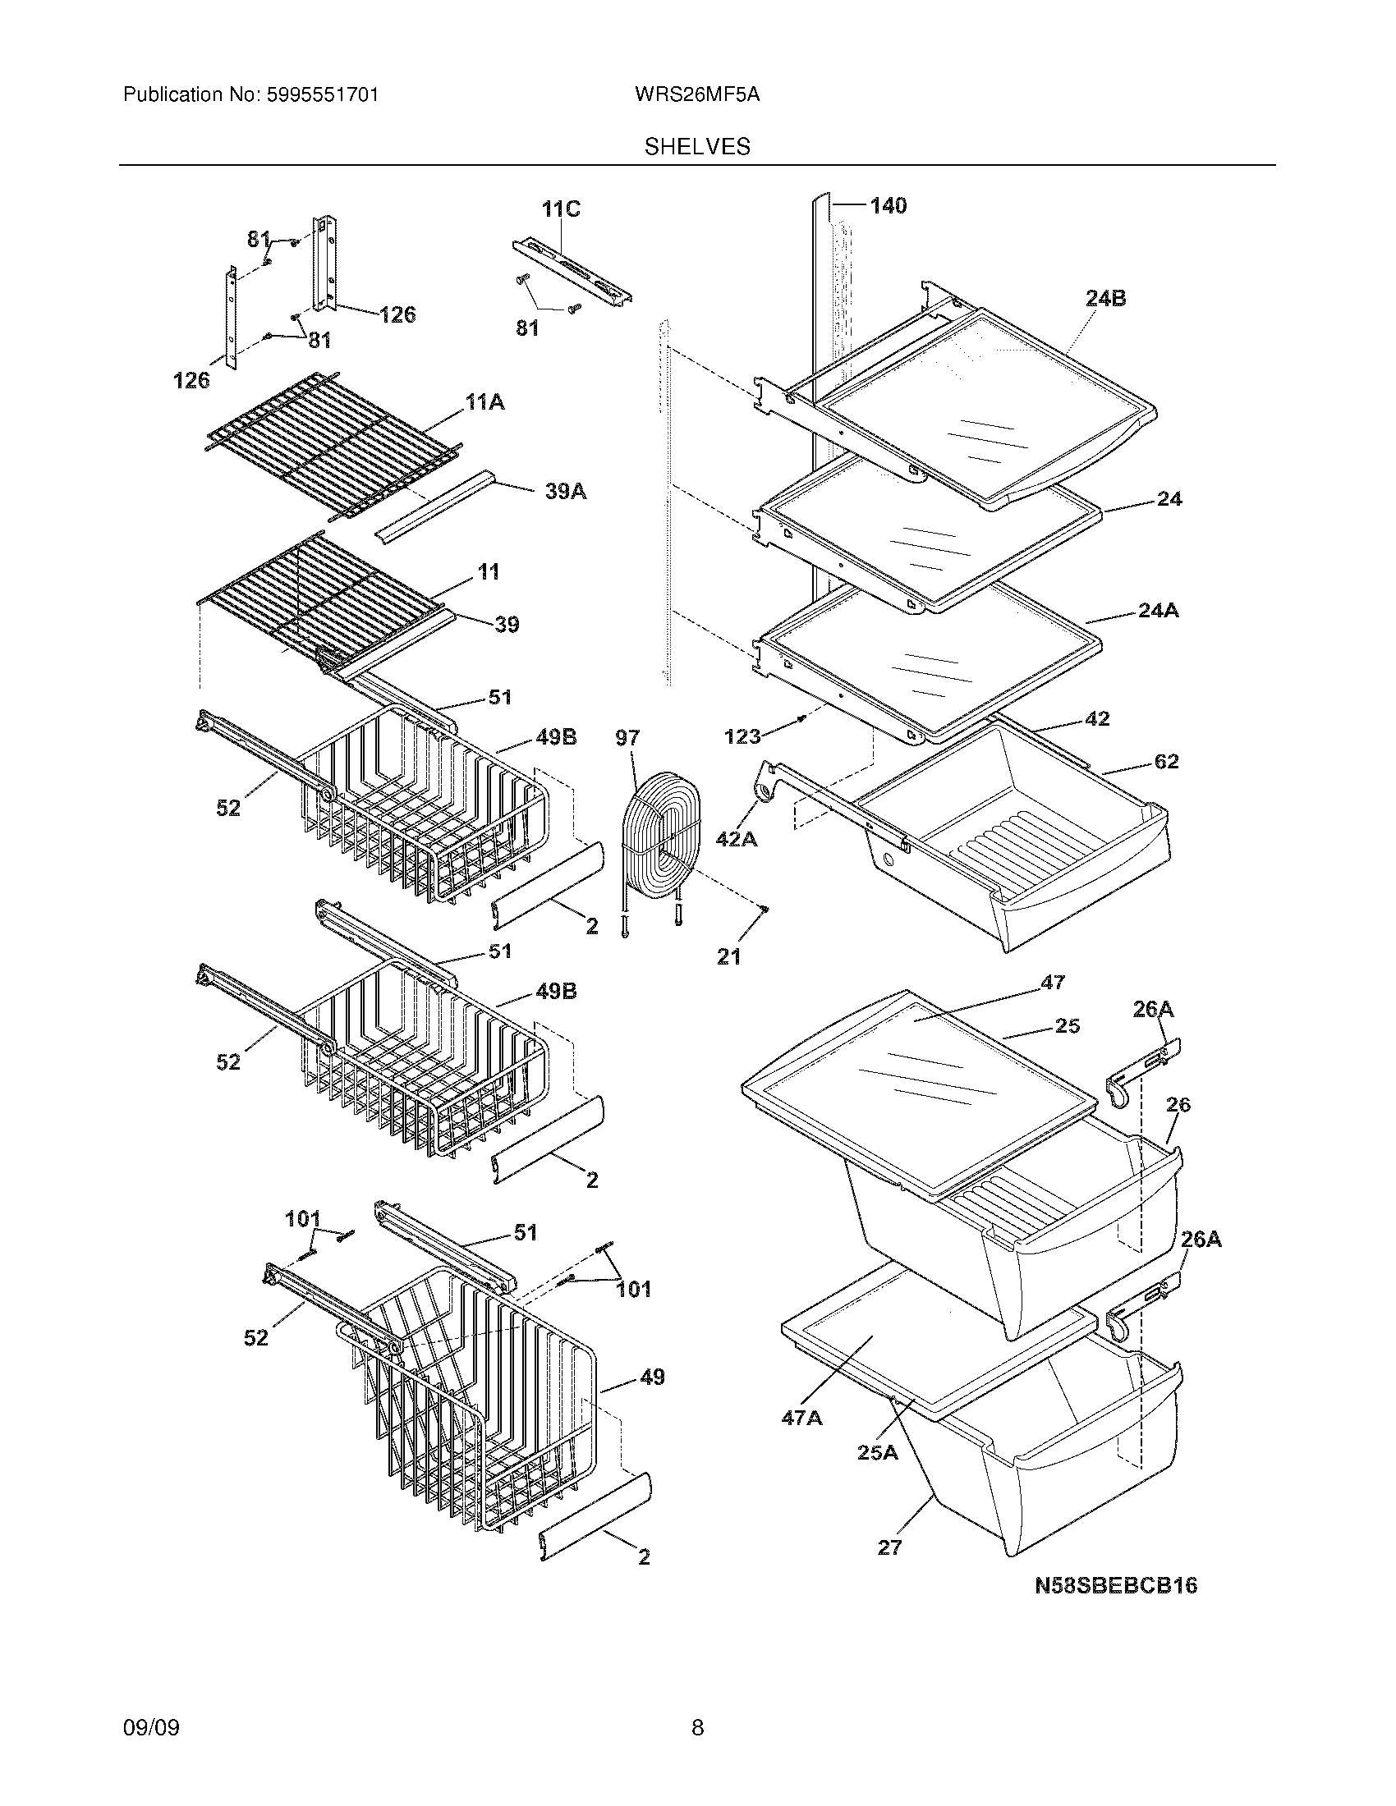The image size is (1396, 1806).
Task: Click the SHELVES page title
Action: point(697,147)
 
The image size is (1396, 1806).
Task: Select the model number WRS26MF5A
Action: point(697,95)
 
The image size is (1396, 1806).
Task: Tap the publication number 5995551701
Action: point(322,95)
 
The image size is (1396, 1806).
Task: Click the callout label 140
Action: point(888,205)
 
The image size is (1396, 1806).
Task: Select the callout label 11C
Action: point(561,209)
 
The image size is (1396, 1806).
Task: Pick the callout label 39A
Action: point(566,492)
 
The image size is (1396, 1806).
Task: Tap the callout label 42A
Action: point(736,839)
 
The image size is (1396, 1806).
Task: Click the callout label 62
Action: point(1166,762)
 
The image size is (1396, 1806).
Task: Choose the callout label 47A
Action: point(801,1419)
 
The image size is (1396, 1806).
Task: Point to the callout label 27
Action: point(889,1547)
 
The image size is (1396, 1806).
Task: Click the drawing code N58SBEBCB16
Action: point(1116,1585)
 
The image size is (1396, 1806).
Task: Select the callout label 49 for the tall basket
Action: point(652,1377)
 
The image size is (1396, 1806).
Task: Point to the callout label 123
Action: point(742,736)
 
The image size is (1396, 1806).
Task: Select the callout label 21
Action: point(728,956)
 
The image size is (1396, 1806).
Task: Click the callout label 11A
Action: point(485,403)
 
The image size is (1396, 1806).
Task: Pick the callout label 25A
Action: point(877,1451)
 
